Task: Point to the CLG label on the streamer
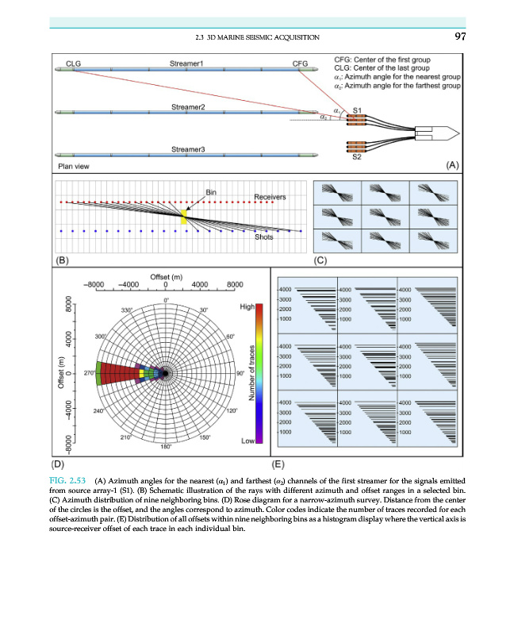point(73,62)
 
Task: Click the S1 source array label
point(358,110)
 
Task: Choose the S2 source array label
point(358,158)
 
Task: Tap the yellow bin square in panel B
point(185,217)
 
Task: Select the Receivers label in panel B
point(270,196)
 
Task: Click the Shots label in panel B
point(263,237)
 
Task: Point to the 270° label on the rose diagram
point(80,372)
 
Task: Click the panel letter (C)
point(321,260)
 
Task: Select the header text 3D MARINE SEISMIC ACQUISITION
point(262,37)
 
